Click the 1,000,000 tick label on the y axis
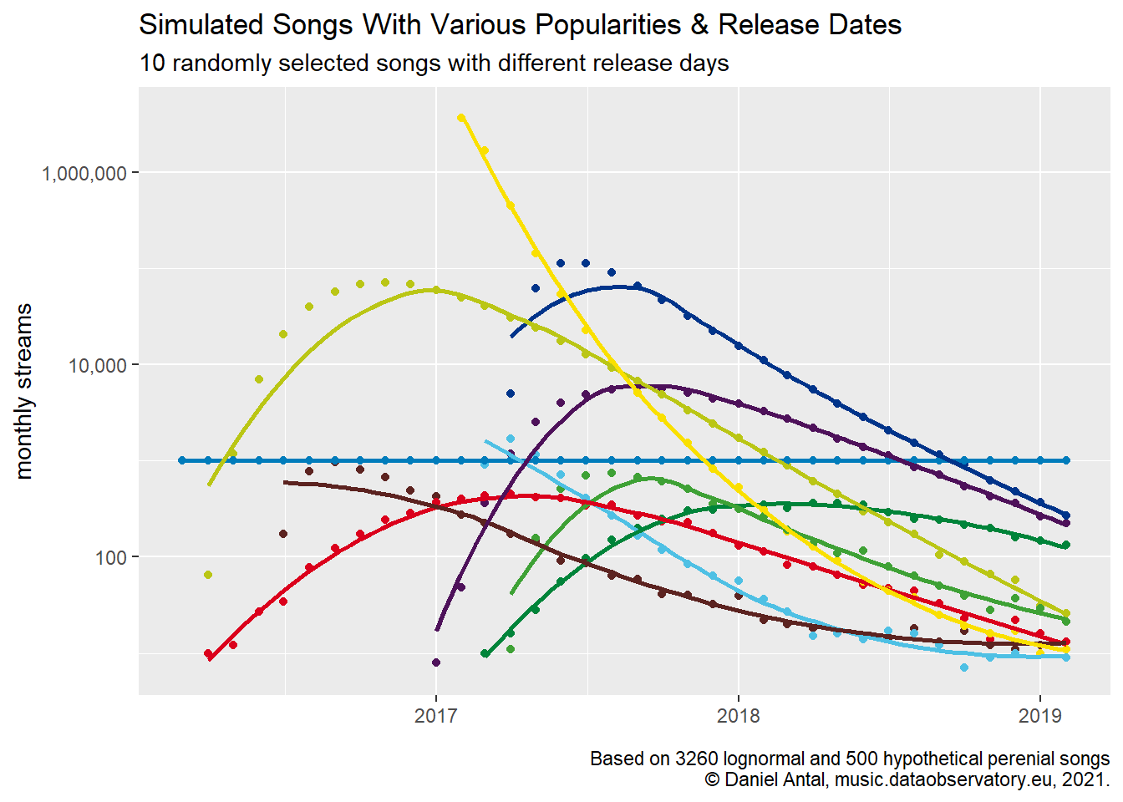point(84,173)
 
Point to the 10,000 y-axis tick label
point(97,365)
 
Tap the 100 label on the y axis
point(110,557)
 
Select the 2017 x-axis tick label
point(435,716)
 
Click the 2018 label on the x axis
point(738,716)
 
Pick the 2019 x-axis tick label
point(1039,716)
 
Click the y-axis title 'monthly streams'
point(23,391)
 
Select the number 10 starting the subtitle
point(152,63)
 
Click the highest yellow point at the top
point(461,118)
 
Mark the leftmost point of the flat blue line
point(182,460)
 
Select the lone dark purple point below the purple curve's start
point(435,662)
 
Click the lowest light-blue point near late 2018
point(964,667)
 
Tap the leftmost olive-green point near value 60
point(208,575)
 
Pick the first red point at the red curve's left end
point(208,653)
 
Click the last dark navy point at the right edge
point(1065,515)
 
